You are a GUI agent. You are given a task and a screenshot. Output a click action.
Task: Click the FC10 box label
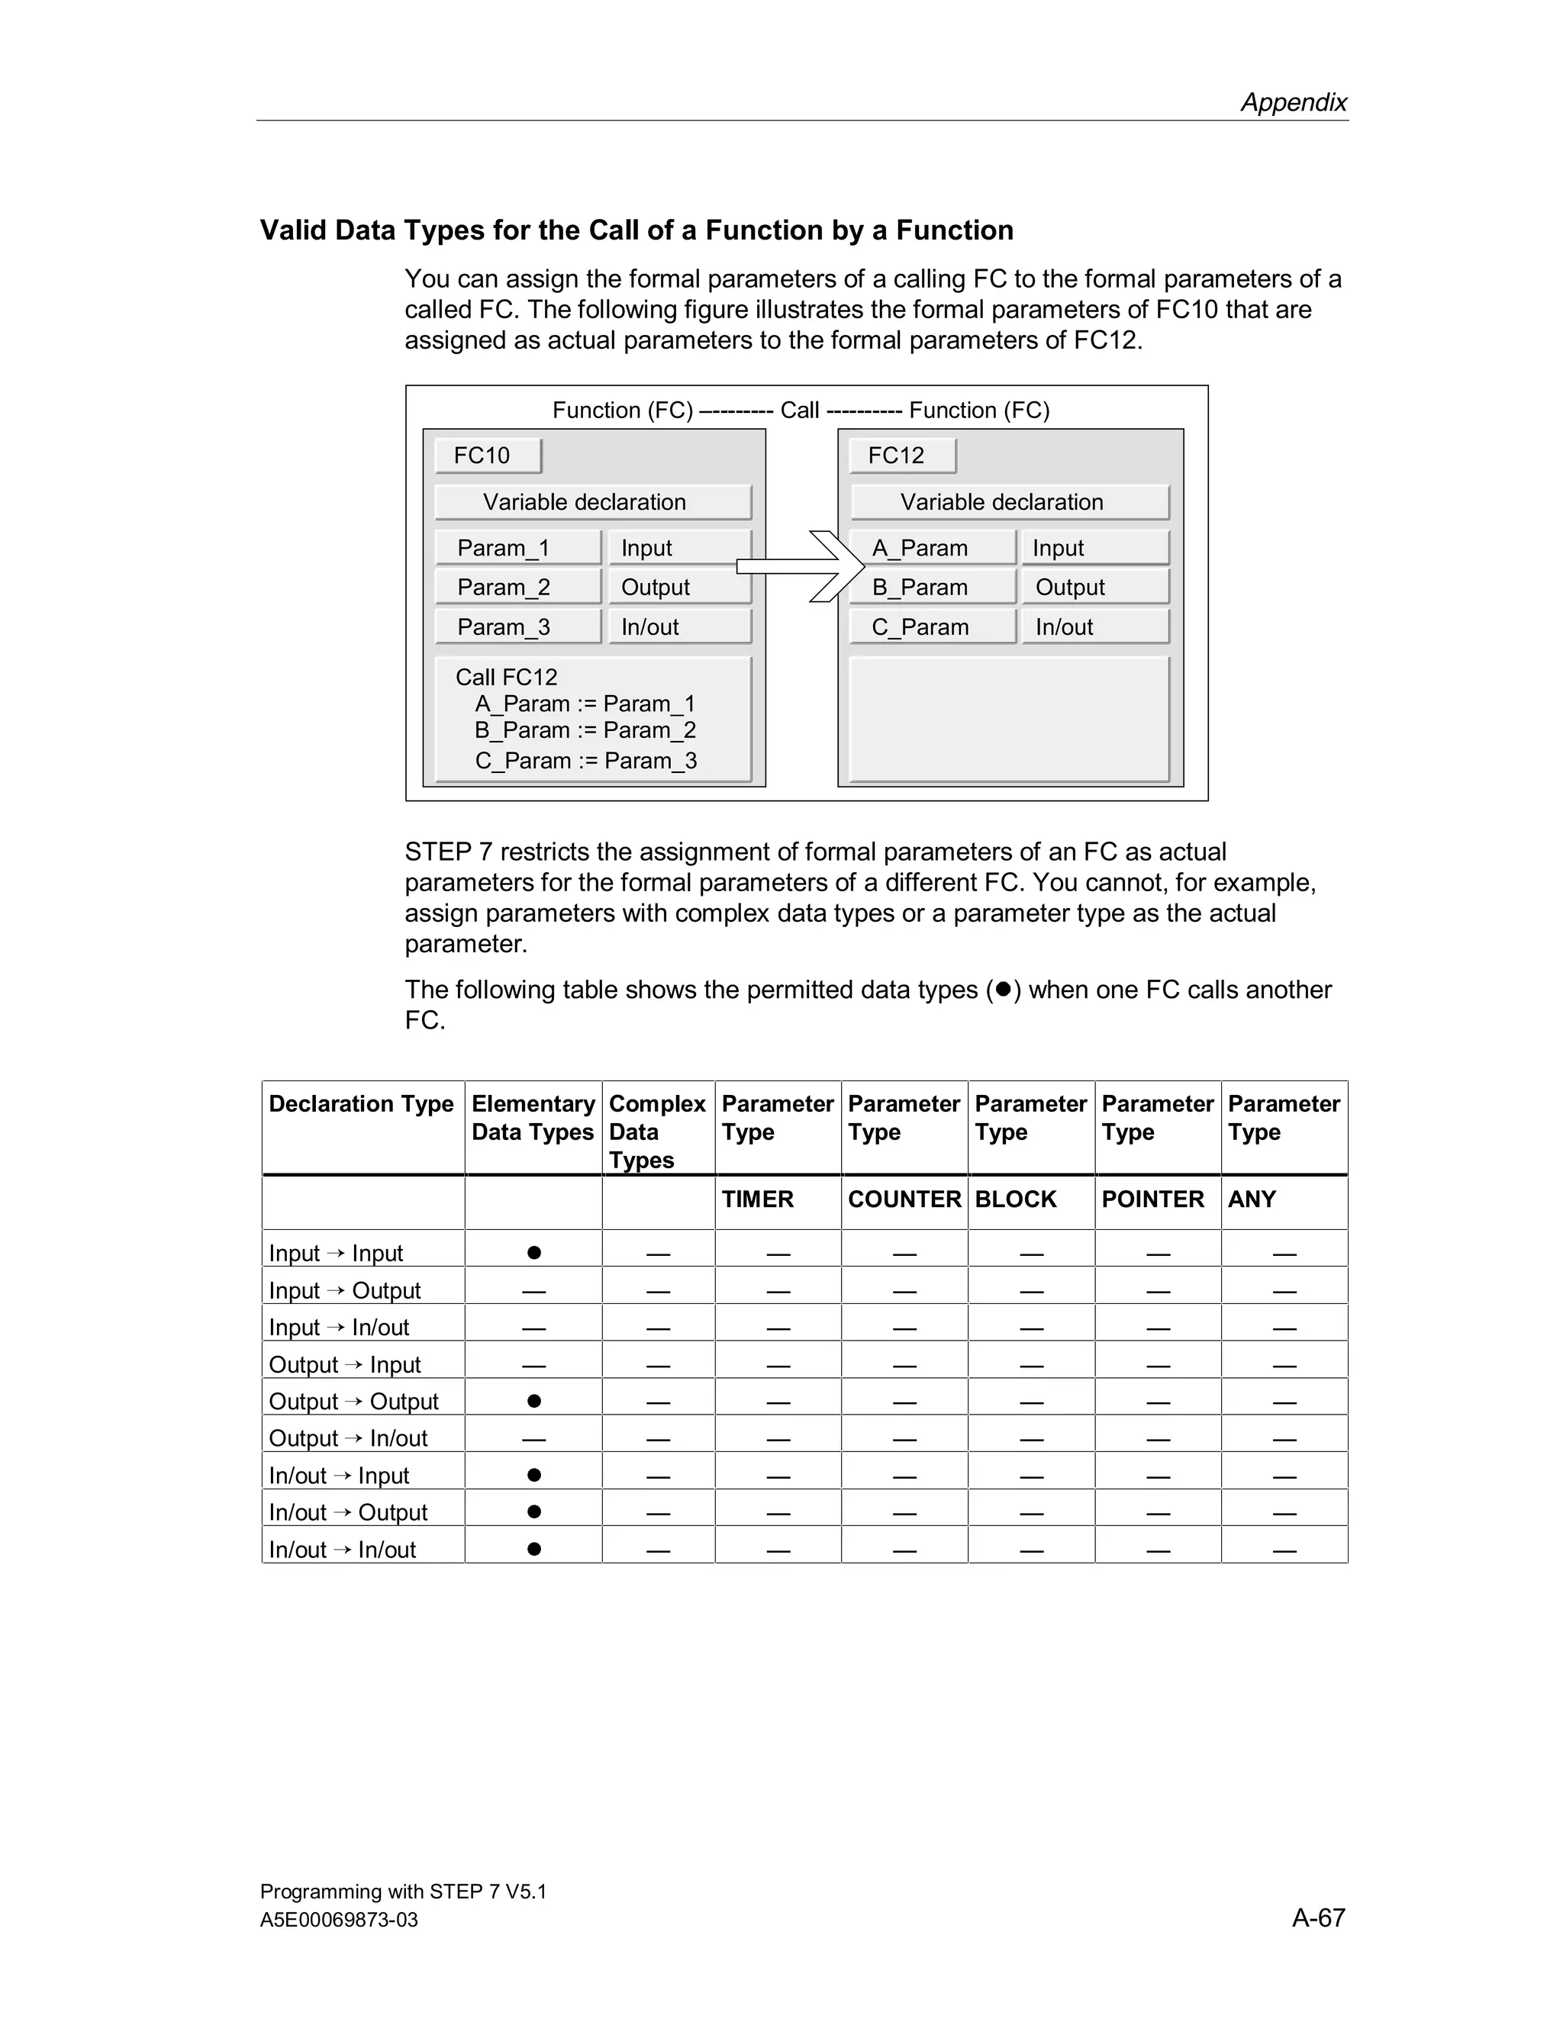(487, 456)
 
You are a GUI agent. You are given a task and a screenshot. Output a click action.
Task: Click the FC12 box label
(901, 456)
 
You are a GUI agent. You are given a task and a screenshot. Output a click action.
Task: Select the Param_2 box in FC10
(517, 587)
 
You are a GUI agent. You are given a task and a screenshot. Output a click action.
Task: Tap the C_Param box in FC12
(932, 626)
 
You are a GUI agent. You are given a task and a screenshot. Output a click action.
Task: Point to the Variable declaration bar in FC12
(1009, 502)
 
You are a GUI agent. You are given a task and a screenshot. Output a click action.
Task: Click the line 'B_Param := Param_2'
(585, 730)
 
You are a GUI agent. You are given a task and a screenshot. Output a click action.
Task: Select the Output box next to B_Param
(1094, 587)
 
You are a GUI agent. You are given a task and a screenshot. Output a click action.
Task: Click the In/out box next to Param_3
(678, 626)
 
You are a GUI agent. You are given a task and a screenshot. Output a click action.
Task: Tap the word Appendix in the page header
(1294, 101)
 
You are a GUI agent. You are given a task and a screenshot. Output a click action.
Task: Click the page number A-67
(1317, 1917)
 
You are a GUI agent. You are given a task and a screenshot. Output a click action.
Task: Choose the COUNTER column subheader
(904, 1199)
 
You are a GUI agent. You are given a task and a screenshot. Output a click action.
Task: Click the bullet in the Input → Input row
(534, 1253)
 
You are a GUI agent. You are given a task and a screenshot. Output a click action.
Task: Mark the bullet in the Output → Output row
(534, 1401)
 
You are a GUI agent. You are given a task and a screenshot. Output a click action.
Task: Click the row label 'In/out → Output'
(348, 1512)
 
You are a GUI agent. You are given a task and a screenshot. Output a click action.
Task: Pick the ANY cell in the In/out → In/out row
(1284, 1550)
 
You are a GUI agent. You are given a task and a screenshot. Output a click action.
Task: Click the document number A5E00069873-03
(339, 1919)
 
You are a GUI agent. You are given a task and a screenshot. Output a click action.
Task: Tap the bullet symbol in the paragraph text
(1003, 989)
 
